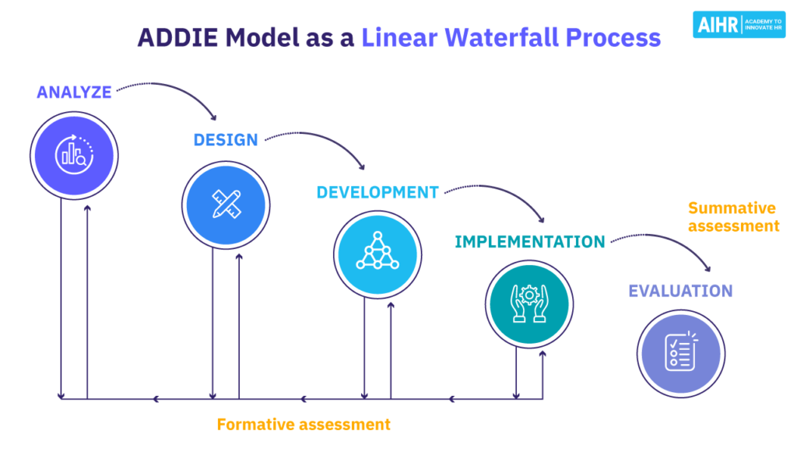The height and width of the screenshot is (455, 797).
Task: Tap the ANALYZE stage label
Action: point(74,93)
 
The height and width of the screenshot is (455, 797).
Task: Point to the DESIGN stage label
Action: point(226,140)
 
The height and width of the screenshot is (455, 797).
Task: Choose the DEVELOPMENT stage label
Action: point(377,192)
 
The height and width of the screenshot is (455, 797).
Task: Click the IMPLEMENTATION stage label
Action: point(529,241)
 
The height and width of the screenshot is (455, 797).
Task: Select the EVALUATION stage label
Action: point(680,291)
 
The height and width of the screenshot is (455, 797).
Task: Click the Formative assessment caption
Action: point(304,425)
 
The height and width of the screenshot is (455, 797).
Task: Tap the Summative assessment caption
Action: point(733,217)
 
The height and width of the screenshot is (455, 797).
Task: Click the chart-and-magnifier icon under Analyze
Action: point(74,154)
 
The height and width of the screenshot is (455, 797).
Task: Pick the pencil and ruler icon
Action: point(226,204)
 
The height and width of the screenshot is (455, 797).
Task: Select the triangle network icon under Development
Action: point(377,252)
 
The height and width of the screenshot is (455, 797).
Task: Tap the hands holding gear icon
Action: point(529,303)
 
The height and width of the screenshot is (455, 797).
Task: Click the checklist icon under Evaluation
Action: point(680,352)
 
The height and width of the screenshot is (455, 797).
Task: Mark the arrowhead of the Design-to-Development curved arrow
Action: point(360,166)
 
